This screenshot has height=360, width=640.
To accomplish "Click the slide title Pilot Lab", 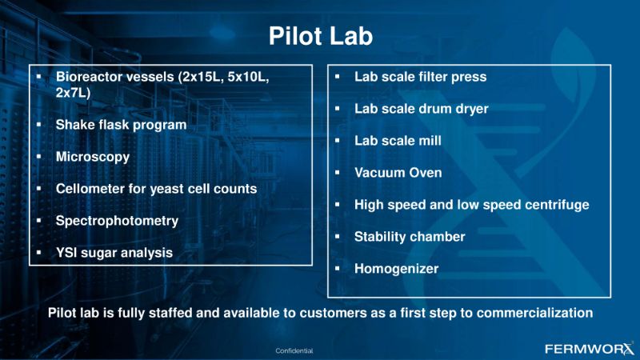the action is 321,36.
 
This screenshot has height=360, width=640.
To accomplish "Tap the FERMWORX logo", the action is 590,349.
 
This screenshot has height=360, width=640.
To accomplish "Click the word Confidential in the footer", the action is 294,350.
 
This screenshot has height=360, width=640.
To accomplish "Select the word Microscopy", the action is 93,157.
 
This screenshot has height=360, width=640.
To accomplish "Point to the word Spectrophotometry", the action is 117,221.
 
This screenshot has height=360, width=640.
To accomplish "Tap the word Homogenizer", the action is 396,269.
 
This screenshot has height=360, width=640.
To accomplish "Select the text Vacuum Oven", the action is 398,173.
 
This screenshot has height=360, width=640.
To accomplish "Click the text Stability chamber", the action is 410,237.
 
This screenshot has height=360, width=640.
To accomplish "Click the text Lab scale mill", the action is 398,141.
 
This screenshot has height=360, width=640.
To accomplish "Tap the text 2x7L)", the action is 73,93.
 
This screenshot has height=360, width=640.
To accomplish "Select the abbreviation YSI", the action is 66,253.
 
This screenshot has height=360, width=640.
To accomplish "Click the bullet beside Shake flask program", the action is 38,124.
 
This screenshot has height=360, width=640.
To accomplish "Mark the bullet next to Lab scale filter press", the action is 338,76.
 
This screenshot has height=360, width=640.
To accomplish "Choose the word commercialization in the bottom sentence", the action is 534,313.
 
